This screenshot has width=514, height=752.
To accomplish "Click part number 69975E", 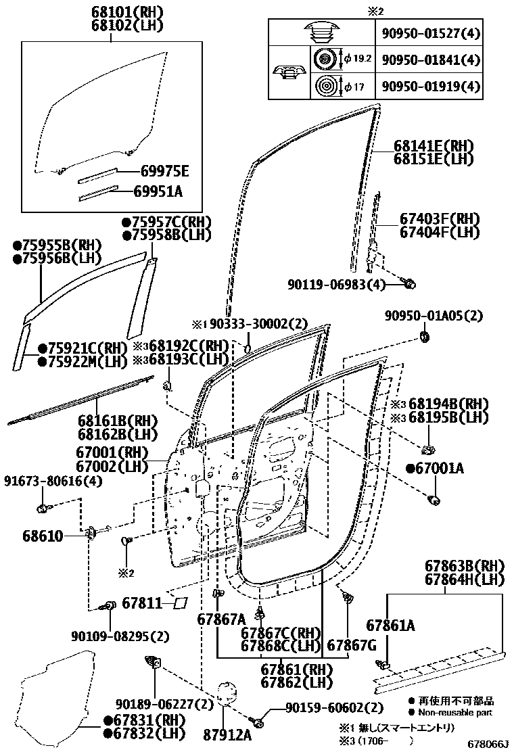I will click(156, 170).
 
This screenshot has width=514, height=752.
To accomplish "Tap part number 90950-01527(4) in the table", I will click(430, 32).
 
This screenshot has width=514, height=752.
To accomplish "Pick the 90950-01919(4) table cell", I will click(430, 87).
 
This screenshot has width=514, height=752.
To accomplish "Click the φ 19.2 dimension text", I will click(358, 60).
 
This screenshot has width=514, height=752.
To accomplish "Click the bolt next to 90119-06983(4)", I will click(408, 284).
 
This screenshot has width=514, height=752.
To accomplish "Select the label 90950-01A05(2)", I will click(434, 316).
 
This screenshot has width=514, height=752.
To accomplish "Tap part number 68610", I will click(44, 536).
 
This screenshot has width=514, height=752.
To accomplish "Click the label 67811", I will click(143, 601).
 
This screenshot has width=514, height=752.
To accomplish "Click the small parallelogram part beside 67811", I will click(181, 601).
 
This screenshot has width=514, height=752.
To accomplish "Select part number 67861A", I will click(391, 626).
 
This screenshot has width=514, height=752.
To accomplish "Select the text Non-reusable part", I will click(455, 712).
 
